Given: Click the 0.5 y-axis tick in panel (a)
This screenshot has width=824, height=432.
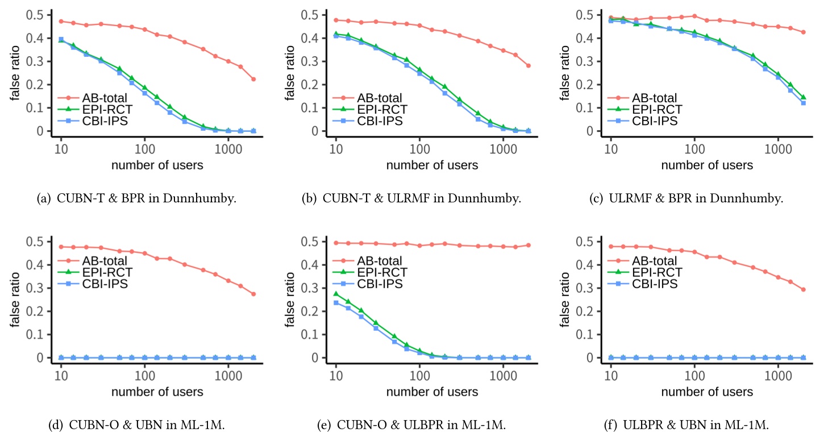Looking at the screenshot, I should tap(34, 15).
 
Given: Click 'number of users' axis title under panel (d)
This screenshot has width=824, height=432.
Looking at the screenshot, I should tap(157, 392).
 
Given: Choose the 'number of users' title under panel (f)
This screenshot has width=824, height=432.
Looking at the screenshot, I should tap(707, 392).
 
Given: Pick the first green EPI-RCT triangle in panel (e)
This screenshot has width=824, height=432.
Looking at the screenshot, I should tap(336, 294).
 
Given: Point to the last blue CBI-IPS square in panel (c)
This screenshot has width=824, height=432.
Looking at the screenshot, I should tap(803, 103).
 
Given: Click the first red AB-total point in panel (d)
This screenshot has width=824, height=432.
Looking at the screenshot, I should tap(61, 247).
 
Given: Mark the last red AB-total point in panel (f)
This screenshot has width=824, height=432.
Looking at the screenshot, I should tap(803, 289).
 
